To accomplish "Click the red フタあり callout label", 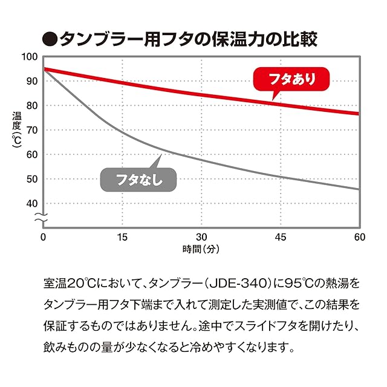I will click(x=284, y=79).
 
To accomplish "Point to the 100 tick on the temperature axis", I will click(x=30, y=57).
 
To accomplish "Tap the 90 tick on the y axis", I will click(x=31, y=81).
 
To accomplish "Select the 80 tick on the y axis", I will click(x=31, y=105).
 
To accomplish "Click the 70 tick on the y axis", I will click(x=31, y=130).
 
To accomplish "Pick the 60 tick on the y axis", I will click(x=31, y=154).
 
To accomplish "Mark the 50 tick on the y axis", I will click(x=31, y=179).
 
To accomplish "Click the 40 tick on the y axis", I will click(x=31, y=203).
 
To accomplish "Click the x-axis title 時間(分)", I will click(x=201, y=249).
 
